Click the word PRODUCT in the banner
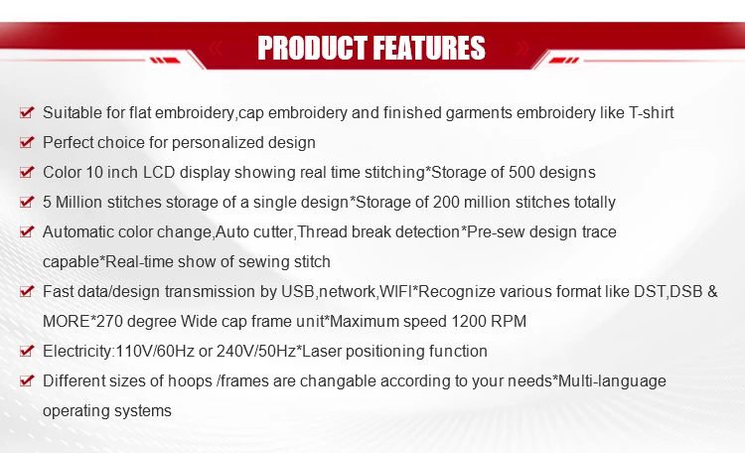(312, 48)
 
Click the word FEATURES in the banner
(428, 48)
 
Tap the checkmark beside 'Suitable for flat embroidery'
(27, 112)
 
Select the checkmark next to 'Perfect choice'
(27, 142)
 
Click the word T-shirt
(651, 112)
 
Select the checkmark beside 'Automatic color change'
(27, 231)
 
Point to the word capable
(71, 262)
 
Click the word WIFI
(395, 291)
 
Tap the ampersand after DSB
(712, 291)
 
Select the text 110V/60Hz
(155, 352)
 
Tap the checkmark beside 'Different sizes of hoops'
(27, 380)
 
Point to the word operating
(74, 411)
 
